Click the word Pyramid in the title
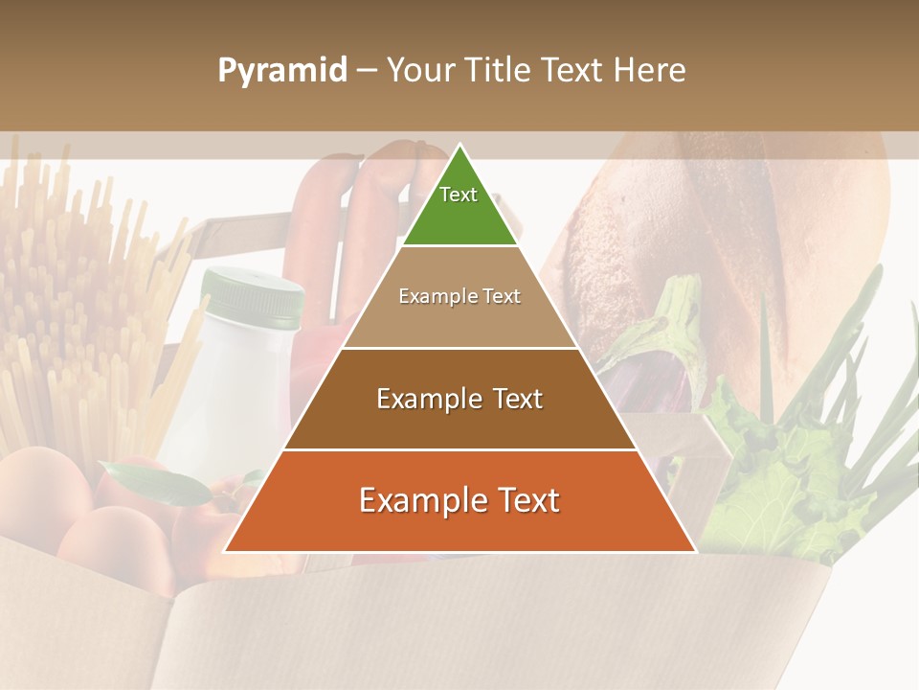(282, 71)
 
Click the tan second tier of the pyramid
(459, 321)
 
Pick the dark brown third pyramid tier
(459, 422)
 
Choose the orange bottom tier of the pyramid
(459, 522)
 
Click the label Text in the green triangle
(459, 195)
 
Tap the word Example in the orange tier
(415, 500)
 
